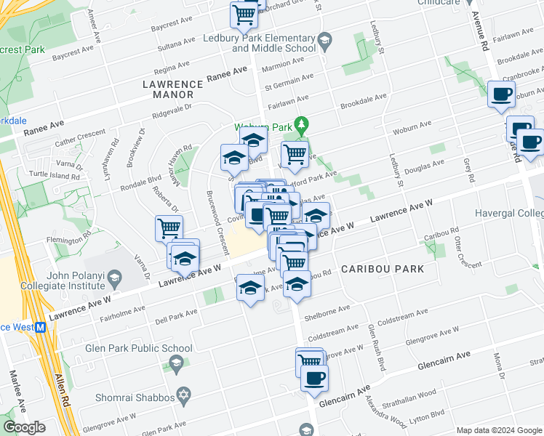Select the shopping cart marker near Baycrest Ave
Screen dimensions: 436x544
pos(244,14)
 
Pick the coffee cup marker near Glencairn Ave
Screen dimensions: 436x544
pos(314,378)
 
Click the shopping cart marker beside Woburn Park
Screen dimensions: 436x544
pos(295,153)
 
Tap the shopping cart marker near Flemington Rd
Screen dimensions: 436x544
pos(169,228)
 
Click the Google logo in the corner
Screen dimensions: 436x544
pos(24,427)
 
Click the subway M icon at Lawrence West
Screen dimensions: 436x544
pos(41,327)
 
